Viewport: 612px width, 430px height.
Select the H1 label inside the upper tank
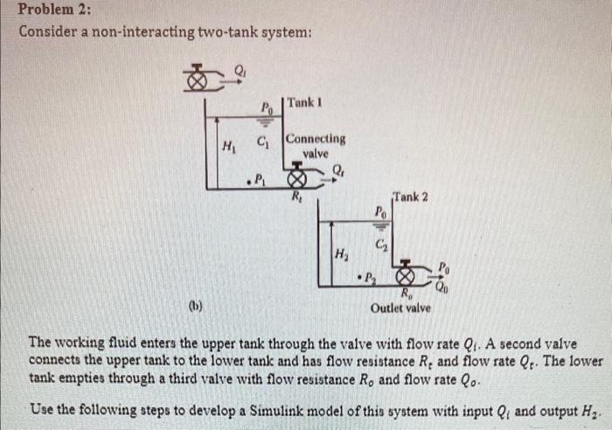pos(230,145)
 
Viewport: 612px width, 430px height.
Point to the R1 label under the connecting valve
pos(297,197)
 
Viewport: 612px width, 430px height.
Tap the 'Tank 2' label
pos(411,196)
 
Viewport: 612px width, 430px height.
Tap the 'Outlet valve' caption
pos(400,309)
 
